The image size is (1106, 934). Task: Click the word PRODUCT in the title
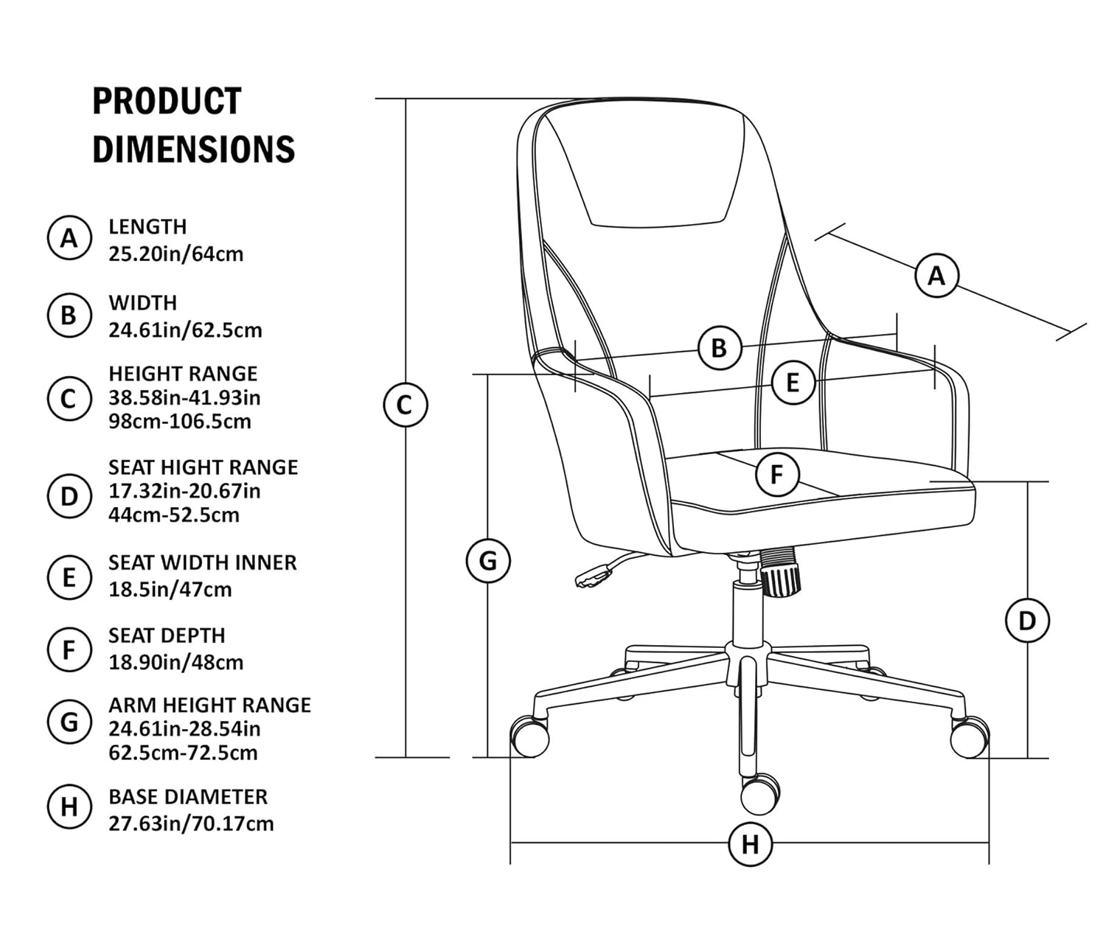pyautogui.click(x=167, y=101)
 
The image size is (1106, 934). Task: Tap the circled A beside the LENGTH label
pyautogui.click(x=69, y=238)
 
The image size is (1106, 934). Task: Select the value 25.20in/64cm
pyautogui.click(x=175, y=254)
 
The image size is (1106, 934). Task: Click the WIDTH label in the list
pyautogui.click(x=143, y=302)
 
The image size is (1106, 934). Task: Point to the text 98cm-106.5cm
pyautogui.click(x=180, y=422)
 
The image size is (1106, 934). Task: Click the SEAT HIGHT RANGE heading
pyautogui.click(x=203, y=467)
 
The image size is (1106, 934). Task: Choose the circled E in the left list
pyautogui.click(x=69, y=577)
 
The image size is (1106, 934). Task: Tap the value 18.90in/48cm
pyautogui.click(x=175, y=663)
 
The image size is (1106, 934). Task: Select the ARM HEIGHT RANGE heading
pyautogui.click(x=209, y=705)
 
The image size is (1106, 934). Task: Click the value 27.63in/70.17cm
pyautogui.click(x=191, y=823)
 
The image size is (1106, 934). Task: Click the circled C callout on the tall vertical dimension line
pyautogui.click(x=405, y=405)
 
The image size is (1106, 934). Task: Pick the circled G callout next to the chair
pyautogui.click(x=488, y=561)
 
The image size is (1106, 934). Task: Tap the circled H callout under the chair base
pyautogui.click(x=750, y=843)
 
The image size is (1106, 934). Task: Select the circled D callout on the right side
pyautogui.click(x=1027, y=621)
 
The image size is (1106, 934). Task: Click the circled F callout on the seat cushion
pyautogui.click(x=777, y=475)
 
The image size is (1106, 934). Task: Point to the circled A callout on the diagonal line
pyautogui.click(x=936, y=276)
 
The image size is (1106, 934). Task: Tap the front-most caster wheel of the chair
pyautogui.click(x=759, y=793)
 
